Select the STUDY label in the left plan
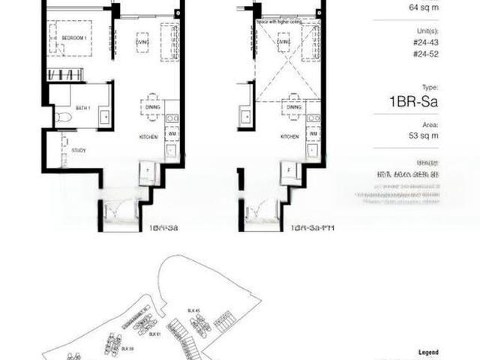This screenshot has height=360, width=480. click(x=79, y=151)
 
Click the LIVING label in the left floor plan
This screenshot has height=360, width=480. click(x=142, y=43)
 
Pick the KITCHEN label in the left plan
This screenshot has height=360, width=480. click(x=147, y=137)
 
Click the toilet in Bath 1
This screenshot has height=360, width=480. click(x=62, y=118)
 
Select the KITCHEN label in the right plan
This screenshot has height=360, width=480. click(x=289, y=137)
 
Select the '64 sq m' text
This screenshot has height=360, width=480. click(x=424, y=7)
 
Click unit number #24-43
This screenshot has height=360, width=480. click(x=425, y=43)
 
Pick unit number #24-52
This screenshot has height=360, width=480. click(x=425, y=55)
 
